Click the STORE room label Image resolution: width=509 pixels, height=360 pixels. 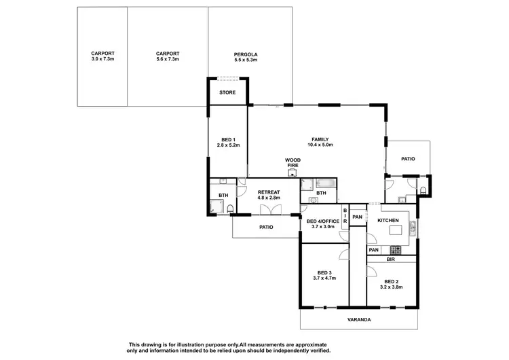[227, 92]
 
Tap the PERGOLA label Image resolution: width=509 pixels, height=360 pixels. [246, 57]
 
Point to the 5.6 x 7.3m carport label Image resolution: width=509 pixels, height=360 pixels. [167, 57]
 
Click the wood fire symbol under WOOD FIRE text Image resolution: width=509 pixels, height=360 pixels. [293, 173]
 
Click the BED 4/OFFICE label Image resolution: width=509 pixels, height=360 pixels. [322, 221]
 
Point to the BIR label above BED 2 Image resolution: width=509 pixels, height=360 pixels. [390, 259]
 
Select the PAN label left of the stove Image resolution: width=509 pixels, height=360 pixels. [373, 251]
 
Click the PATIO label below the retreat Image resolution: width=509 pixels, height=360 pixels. [265, 227]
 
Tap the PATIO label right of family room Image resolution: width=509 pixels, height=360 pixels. [407, 159]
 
